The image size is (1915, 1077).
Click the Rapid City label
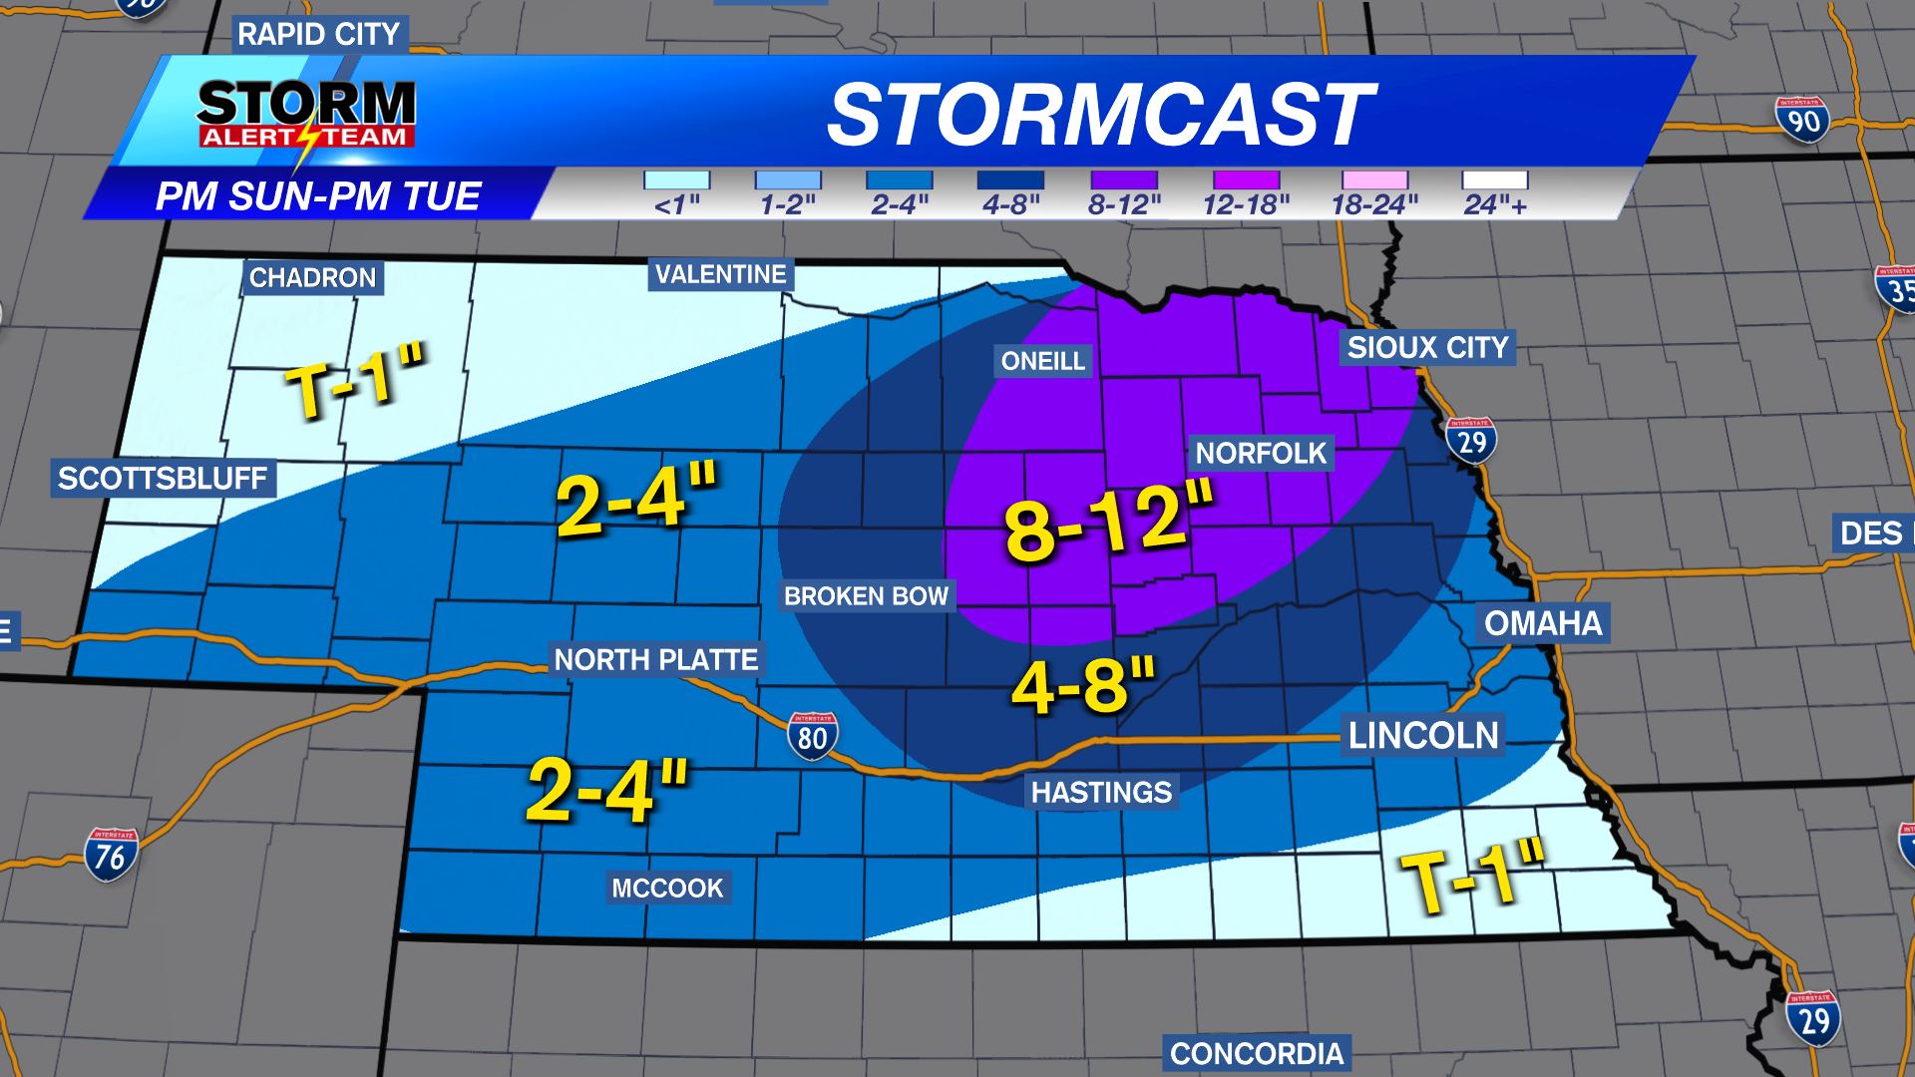318,34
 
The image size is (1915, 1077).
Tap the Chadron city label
312,277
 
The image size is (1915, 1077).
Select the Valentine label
720,274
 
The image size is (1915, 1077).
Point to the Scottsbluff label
163,479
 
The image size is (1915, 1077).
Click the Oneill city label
1042,361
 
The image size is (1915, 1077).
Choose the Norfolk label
1261,454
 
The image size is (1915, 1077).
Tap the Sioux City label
1427,347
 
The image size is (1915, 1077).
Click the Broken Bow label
866,596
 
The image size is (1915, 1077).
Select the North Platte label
656,659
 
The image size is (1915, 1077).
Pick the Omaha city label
1542,623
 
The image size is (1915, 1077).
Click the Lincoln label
1423,736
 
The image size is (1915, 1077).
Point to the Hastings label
1101,793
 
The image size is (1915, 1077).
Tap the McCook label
667,888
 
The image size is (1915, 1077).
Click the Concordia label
1257,1054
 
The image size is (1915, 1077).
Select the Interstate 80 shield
813,736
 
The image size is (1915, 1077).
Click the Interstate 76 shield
111,855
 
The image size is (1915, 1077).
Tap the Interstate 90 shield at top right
1803,120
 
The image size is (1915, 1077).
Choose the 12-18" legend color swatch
1246,180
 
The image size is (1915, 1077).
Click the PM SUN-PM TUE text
318,196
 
